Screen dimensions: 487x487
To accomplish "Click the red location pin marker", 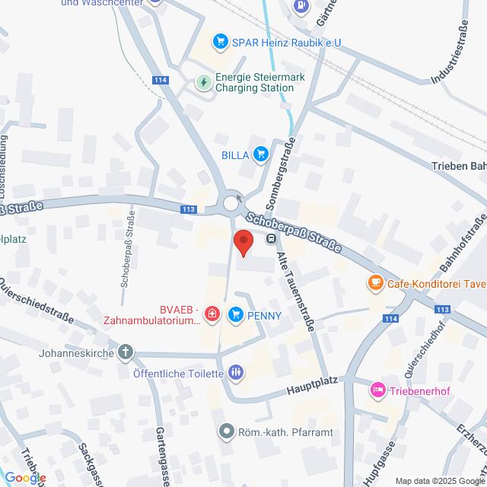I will pyautogui.click(x=243, y=242).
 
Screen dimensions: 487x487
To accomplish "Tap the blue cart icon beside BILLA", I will pyautogui.click(x=261, y=154).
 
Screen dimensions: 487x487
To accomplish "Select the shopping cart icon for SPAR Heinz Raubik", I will pyautogui.click(x=221, y=41).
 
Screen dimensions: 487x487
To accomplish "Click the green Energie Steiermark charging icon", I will pyautogui.click(x=204, y=81).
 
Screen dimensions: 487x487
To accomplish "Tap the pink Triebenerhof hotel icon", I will pyautogui.click(x=377, y=390).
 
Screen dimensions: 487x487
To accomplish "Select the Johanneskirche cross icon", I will pyautogui.click(x=126, y=353).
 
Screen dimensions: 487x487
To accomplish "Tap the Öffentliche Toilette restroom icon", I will pyautogui.click(x=236, y=372).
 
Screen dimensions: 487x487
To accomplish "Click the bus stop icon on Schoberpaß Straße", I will pyautogui.click(x=271, y=239).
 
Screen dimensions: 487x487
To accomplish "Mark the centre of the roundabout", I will pyautogui.click(x=231, y=203).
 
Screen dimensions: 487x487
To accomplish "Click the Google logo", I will pyautogui.click(x=24, y=477).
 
